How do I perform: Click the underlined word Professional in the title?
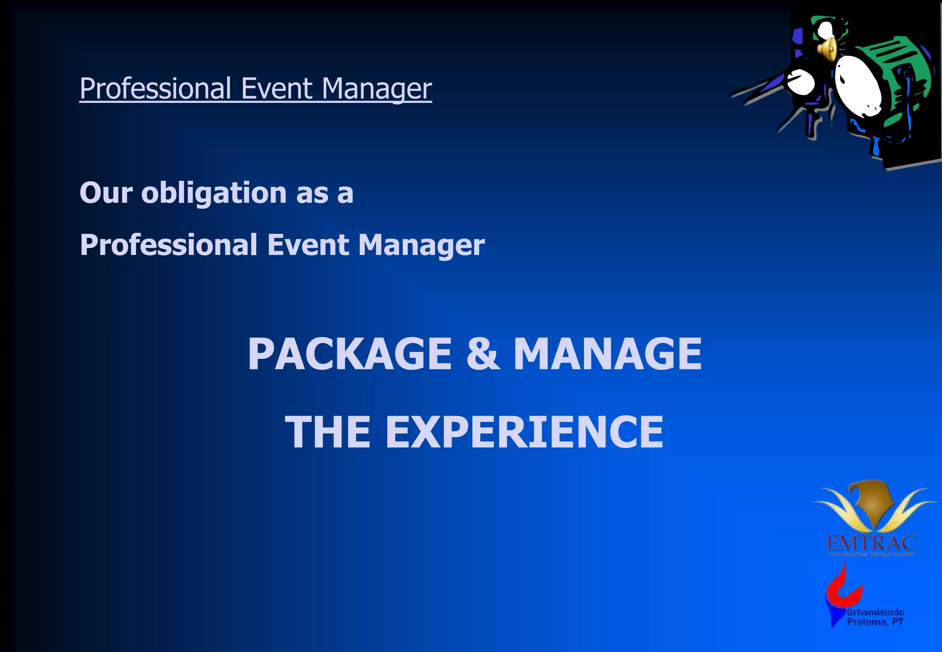(x=155, y=88)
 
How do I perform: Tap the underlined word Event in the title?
(x=276, y=88)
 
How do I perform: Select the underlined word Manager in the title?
(x=377, y=89)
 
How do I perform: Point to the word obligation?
(x=214, y=193)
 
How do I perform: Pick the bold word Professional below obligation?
(x=168, y=245)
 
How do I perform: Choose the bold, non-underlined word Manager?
(x=421, y=246)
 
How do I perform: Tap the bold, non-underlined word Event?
(x=308, y=245)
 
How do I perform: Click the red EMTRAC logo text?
(x=871, y=543)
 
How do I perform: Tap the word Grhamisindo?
(x=875, y=612)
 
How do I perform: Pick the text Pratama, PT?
(x=875, y=622)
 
